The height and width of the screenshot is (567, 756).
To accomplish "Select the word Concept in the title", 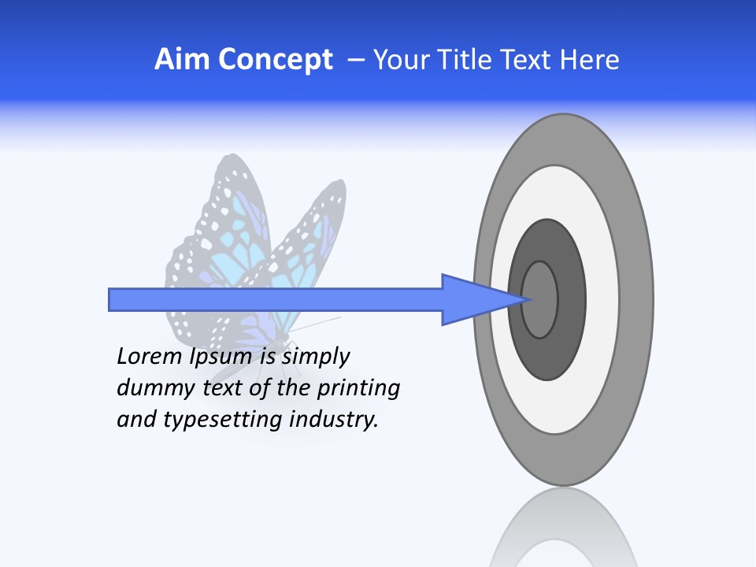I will click(276, 60).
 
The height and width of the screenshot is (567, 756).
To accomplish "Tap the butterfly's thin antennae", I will click(319, 322).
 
